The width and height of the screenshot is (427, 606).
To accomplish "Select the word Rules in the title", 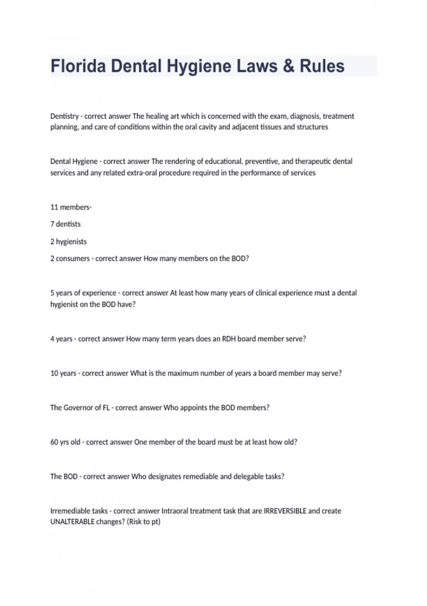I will (x=322, y=66).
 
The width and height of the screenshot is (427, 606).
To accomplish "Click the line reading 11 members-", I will (x=71, y=207).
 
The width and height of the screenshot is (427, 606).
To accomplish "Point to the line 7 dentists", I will (x=65, y=224).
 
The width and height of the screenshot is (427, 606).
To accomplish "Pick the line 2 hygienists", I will (x=68, y=242).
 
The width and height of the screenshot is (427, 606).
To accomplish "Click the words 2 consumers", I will (x=70, y=258).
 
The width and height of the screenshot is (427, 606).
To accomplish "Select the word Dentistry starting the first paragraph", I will (x=64, y=116).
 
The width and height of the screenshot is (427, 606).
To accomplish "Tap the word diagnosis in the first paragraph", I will (x=305, y=116).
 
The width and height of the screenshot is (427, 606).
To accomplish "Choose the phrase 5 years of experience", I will (x=83, y=293).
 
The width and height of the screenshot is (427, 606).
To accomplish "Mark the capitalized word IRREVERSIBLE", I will (x=285, y=511).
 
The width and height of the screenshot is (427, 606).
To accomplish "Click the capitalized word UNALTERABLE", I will (x=72, y=522).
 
